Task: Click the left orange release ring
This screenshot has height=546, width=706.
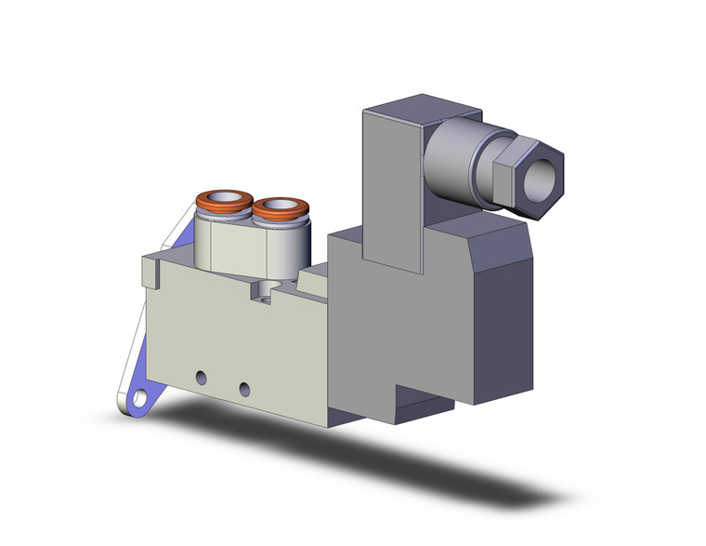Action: click(206, 198)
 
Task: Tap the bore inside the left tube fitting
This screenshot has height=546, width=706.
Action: click(224, 198)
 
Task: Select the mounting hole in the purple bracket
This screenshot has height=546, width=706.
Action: click(137, 400)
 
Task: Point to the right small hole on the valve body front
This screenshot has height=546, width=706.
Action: click(244, 388)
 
